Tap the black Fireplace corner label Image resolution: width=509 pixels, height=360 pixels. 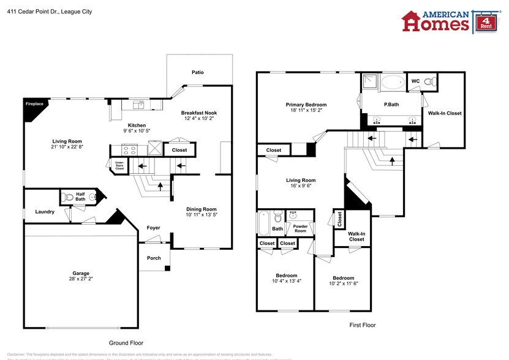(33, 104)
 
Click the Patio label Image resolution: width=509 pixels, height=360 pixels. (197, 72)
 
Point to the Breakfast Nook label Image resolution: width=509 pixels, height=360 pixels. (198, 113)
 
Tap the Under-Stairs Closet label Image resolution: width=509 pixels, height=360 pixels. (119, 165)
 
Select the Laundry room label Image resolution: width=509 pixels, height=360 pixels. (45, 212)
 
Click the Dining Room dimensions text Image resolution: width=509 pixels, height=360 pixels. (202, 215)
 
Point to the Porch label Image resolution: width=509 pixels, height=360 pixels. (154, 258)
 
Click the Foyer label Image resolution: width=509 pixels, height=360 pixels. (153, 228)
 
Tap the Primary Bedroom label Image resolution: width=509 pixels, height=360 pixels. (306, 105)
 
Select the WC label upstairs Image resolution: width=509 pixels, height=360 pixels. (415, 81)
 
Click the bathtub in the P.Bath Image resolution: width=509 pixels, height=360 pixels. (392, 81)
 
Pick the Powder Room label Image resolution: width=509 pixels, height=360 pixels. (300, 228)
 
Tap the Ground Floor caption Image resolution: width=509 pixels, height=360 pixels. (126, 343)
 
